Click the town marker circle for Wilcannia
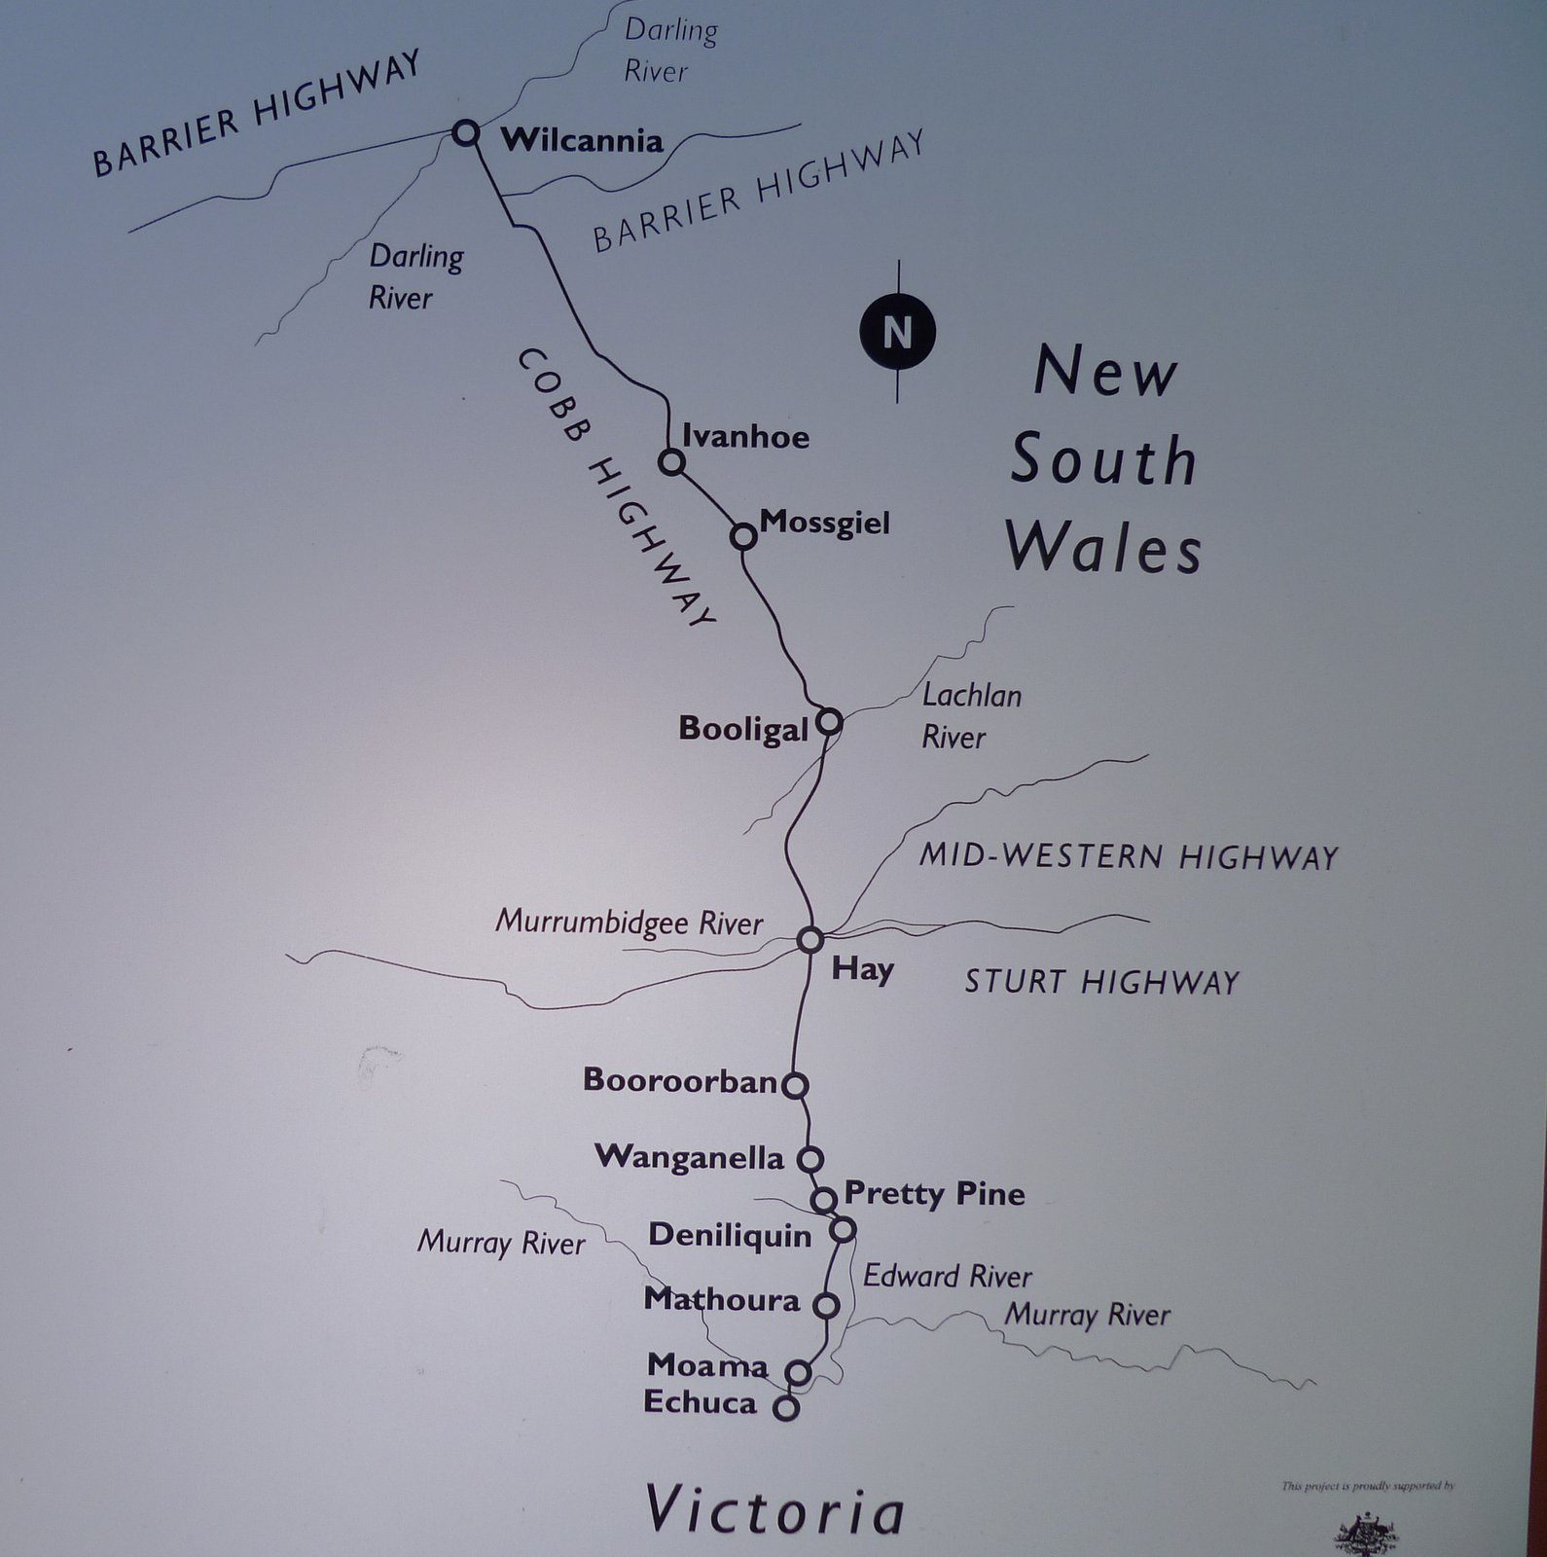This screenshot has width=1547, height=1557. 467,132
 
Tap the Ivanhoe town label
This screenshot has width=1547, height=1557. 745,436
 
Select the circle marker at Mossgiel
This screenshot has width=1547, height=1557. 743,536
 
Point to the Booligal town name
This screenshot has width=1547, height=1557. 743,729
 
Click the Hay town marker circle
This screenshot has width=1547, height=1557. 810,940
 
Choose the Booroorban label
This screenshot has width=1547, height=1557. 681,1080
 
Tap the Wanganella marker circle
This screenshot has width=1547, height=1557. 810,1159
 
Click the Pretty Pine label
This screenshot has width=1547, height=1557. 934,1193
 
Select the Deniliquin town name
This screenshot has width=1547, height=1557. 730,1236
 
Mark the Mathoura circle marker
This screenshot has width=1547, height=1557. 826,1305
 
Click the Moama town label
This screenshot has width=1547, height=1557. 707,1365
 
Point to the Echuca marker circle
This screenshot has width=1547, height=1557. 785,1407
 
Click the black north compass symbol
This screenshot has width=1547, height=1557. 897,332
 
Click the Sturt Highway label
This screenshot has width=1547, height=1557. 1101,982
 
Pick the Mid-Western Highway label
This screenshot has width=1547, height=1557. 1129,856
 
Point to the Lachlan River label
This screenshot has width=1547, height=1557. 971,716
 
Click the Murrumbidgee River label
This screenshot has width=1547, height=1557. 629,923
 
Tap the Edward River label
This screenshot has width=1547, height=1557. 947,1276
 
